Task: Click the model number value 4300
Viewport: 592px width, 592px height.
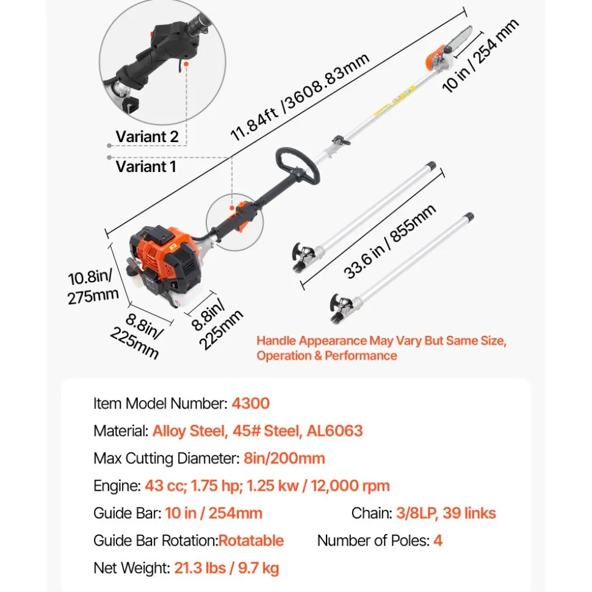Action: [x=250, y=403]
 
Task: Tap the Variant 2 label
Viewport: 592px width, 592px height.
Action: [x=147, y=137]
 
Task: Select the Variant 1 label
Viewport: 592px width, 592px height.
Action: [x=146, y=166]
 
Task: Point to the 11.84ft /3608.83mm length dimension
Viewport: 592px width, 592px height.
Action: [x=300, y=97]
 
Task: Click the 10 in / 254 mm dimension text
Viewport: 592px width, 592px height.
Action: [x=480, y=55]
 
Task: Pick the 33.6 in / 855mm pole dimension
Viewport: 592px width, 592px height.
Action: [x=390, y=241]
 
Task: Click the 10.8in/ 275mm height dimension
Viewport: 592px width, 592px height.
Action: [x=93, y=287]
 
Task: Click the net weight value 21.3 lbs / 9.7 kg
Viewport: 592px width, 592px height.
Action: [x=226, y=568]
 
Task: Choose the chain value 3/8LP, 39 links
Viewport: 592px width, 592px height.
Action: [x=446, y=513]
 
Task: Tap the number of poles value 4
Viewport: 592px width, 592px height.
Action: [x=438, y=541]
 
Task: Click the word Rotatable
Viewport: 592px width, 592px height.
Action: [x=251, y=541]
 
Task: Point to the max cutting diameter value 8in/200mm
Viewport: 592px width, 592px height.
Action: [x=284, y=458]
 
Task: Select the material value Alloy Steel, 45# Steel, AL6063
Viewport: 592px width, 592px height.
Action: [x=258, y=431]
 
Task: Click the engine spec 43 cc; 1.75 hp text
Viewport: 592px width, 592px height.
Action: [x=193, y=485]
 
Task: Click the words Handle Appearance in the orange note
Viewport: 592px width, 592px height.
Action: [x=312, y=341]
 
